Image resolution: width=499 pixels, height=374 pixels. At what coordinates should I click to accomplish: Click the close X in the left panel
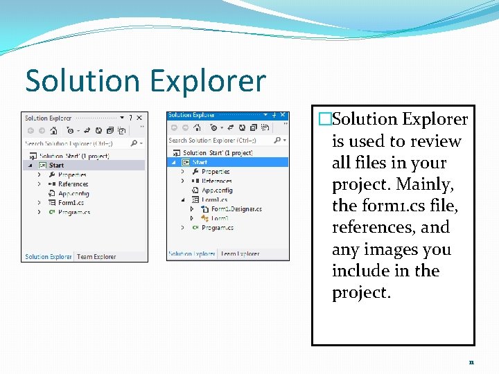click(139, 118)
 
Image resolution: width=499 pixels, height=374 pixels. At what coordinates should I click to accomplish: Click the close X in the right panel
click(284, 115)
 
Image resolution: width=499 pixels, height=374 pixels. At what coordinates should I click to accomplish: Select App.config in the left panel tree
click(73, 193)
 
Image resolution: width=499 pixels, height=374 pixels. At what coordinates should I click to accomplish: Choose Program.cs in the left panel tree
click(74, 212)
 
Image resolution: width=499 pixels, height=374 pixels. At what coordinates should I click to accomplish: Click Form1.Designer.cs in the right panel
click(236, 208)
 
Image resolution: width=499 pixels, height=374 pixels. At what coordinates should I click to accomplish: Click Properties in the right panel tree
click(216, 171)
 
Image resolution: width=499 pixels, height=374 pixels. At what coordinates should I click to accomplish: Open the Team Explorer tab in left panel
click(96, 257)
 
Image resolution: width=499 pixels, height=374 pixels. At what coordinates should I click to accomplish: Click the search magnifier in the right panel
click(278, 140)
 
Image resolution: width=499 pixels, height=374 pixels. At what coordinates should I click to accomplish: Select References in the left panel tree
click(73, 184)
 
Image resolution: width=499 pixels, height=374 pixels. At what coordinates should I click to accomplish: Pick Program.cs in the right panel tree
click(218, 227)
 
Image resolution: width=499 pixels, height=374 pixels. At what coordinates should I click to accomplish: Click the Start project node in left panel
click(56, 166)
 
